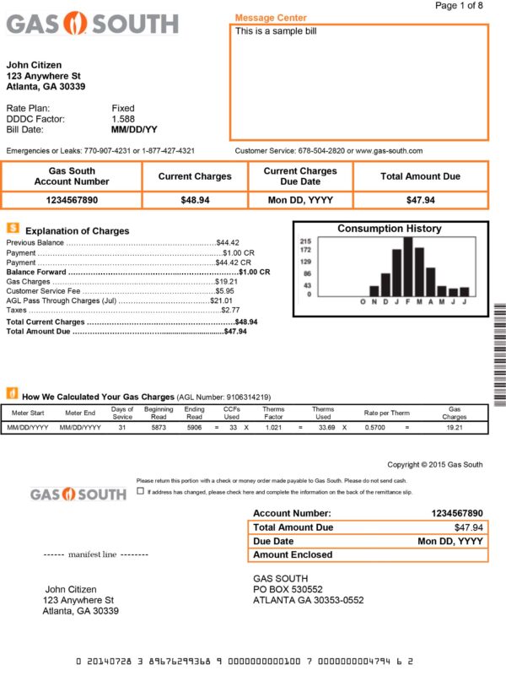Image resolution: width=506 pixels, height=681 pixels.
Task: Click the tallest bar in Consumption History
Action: pyautogui.click(x=407, y=267)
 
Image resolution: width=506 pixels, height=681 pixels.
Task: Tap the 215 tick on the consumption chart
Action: pyautogui.click(x=305, y=241)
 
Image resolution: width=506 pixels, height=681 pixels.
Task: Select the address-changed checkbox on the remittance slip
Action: pyautogui.click(x=140, y=491)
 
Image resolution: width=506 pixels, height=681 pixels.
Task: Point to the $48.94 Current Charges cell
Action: pyautogui.click(x=195, y=200)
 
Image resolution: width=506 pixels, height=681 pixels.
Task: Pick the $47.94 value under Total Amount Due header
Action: pyautogui.click(x=420, y=200)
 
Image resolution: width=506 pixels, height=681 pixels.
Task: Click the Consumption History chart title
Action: pyautogui.click(x=389, y=229)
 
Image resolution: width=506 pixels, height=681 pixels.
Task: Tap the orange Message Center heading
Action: pyautogui.click(x=271, y=18)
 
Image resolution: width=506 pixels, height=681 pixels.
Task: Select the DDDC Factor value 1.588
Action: pyautogui.click(x=123, y=119)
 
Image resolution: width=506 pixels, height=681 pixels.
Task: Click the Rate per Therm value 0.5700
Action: pyautogui.click(x=375, y=428)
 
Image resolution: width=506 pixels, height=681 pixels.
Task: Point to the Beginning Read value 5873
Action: pyautogui.click(x=159, y=428)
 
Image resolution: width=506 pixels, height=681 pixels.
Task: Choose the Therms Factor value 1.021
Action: pyautogui.click(x=273, y=428)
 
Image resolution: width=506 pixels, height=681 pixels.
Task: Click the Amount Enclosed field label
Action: pyautogui.click(x=293, y=555)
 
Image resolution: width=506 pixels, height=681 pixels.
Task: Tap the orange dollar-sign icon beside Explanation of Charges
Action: pyautogui.click(x=13, y=228)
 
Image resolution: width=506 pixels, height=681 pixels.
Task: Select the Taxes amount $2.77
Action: pyautogui.click(x=229, y=311)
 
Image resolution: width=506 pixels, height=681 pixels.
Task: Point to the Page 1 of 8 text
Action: pyautogui.click(x=459, y=6)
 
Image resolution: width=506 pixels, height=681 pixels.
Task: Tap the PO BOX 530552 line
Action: pyautogui.click(x=288, y=589)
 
